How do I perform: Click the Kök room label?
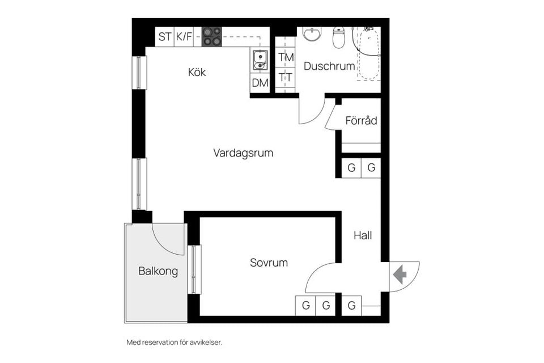[x=197, y=73]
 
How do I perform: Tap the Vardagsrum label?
[x=243, y=153]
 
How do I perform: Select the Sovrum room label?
[x=269, y=263]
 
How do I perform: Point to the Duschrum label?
[x=329, y=66]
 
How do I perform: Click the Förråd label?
[x=361, y=121]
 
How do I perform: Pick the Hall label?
[x=363, y=235]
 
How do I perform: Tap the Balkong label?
[x=158, y=271]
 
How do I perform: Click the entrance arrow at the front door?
[x=400, y=276]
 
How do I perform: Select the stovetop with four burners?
[x=212, y=36]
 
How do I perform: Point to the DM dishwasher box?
[x=260, y=83]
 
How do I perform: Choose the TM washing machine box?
[x=286, y=57]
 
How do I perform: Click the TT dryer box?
[x=286, y=77]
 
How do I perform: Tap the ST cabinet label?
[x=165, y=37]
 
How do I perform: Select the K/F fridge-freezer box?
[x=184, y=37]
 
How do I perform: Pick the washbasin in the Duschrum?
[x=311, y=35]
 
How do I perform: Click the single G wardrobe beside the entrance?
[x=351, y=306]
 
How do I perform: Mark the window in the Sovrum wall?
[x=194, y=269]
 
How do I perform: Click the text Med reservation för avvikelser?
[x=174, y=343]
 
